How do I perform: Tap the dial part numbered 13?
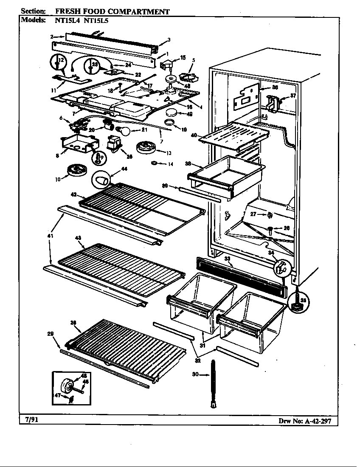[x=146, y=149]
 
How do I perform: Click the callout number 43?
[x=78, y=238]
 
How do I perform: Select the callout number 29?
[x=50, y=334]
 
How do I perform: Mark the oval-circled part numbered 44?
[x=101, y=180]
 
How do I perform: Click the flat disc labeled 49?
[x=172, y=113]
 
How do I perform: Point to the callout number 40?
[x=194, y=135]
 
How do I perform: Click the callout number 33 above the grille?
[x=228, y=258]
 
